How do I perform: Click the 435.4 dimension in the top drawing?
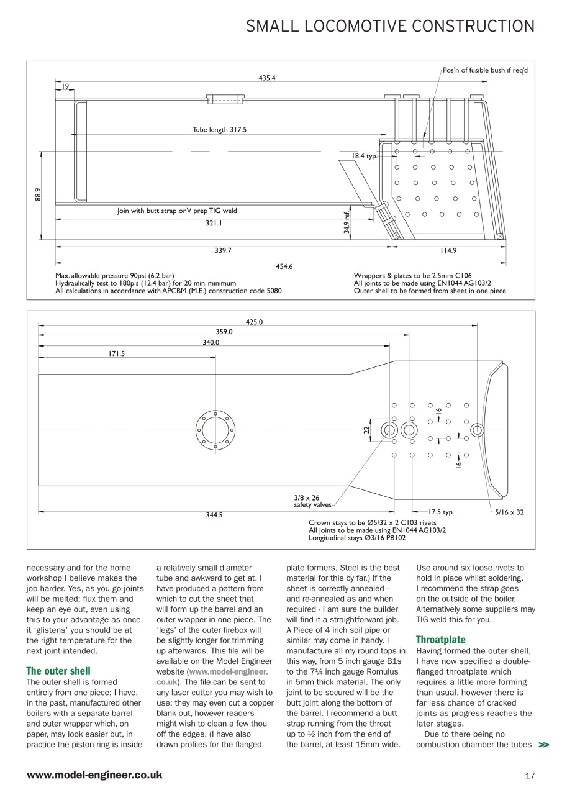(267, 78)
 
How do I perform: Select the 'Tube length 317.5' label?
(219, 130)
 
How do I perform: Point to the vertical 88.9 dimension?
(37, 194)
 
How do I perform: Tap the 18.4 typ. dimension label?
(365, 156)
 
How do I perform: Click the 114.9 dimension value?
(448, 250)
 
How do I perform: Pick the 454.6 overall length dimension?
(284, 266)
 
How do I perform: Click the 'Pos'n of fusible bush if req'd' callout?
(485, 70)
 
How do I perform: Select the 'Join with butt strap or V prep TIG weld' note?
(177, 211)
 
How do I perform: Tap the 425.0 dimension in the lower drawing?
(254, 322)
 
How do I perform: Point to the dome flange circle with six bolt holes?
(215, 430)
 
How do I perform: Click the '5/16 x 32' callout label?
(509, 512)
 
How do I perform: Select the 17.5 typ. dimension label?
(441, 512)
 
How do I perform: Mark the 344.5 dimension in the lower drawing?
(214, 515)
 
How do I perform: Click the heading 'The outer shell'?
(58, 671)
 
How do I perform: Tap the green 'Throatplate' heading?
(440, 639)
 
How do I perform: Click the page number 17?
(529, 775)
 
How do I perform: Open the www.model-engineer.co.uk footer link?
(94, 775)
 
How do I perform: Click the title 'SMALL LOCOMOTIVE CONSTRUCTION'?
(390, 26)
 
